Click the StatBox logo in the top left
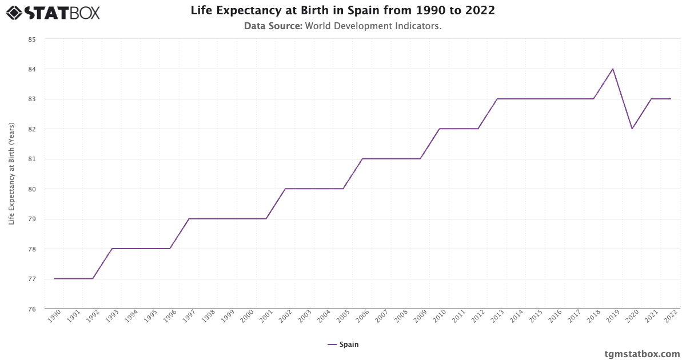coord(53,12)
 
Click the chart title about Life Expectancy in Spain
coord(342,10)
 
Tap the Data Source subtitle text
coord(342,26)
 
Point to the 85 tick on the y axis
coord(31,39)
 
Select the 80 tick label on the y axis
coord(31,189)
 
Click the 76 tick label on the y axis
coord(31,309)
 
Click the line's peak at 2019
coord(613,69)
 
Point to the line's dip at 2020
coord(632,129)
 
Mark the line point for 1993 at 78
coord(112,249)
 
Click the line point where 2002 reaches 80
coord(285,189)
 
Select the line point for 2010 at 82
coord(439,129)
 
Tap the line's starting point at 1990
coord(54,278)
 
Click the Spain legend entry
coord(343,345)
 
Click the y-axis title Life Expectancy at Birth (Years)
coord(11,173)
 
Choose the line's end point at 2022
coord(671,99)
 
